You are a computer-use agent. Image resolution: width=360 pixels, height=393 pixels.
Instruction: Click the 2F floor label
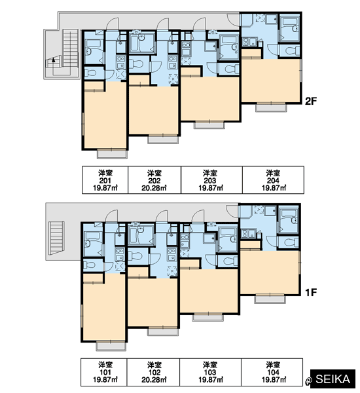311,101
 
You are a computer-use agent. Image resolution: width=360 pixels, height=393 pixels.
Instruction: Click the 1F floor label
311,292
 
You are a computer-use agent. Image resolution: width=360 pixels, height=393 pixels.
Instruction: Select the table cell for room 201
105,180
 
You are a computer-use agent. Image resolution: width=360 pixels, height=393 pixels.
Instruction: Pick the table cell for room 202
154,180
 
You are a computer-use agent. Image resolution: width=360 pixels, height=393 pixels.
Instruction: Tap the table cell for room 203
211,180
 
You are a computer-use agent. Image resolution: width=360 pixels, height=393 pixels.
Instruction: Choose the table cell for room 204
273,180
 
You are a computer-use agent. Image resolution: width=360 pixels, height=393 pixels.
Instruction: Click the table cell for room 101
104,372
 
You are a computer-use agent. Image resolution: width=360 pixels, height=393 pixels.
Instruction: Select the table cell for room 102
153,372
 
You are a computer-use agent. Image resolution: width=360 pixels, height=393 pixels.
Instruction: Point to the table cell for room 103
211,372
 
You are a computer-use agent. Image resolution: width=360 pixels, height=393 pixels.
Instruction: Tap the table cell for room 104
272,372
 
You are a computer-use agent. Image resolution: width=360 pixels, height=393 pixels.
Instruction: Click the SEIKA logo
333,379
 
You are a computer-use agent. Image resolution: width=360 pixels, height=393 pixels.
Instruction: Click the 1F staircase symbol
56,238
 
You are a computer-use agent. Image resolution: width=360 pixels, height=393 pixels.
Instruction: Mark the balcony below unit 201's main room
112,154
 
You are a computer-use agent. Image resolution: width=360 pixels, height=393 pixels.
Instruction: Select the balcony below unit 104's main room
270,299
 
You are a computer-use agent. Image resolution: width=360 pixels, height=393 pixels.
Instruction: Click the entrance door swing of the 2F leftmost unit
112,24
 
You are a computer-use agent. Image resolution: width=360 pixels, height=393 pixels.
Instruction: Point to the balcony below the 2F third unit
208,125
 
